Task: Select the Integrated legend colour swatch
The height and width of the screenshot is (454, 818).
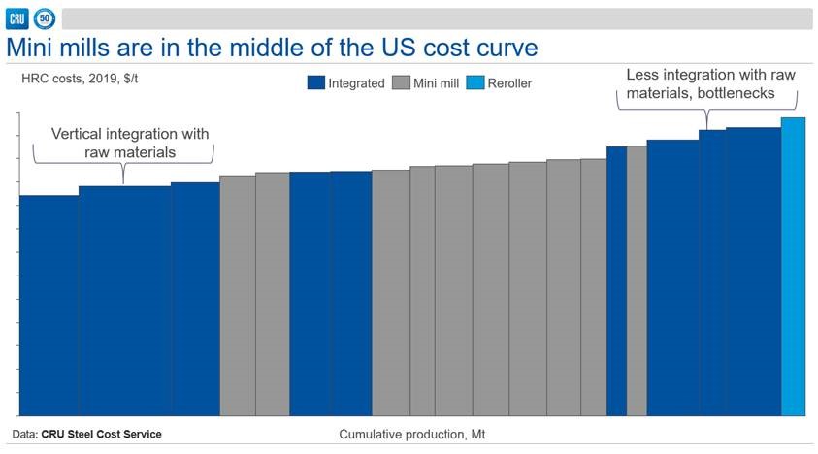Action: coord(316,83)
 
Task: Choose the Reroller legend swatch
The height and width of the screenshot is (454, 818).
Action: coord(479,83)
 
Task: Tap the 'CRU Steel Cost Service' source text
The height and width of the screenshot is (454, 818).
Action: coord(101,434)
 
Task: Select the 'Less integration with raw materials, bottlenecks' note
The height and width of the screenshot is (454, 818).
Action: coord(709,83)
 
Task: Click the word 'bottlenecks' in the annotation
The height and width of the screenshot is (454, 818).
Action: coord(754,92)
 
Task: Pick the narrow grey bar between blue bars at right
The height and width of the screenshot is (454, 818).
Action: coord(637,281)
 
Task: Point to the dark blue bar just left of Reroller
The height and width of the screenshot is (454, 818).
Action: coord(753,272)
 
